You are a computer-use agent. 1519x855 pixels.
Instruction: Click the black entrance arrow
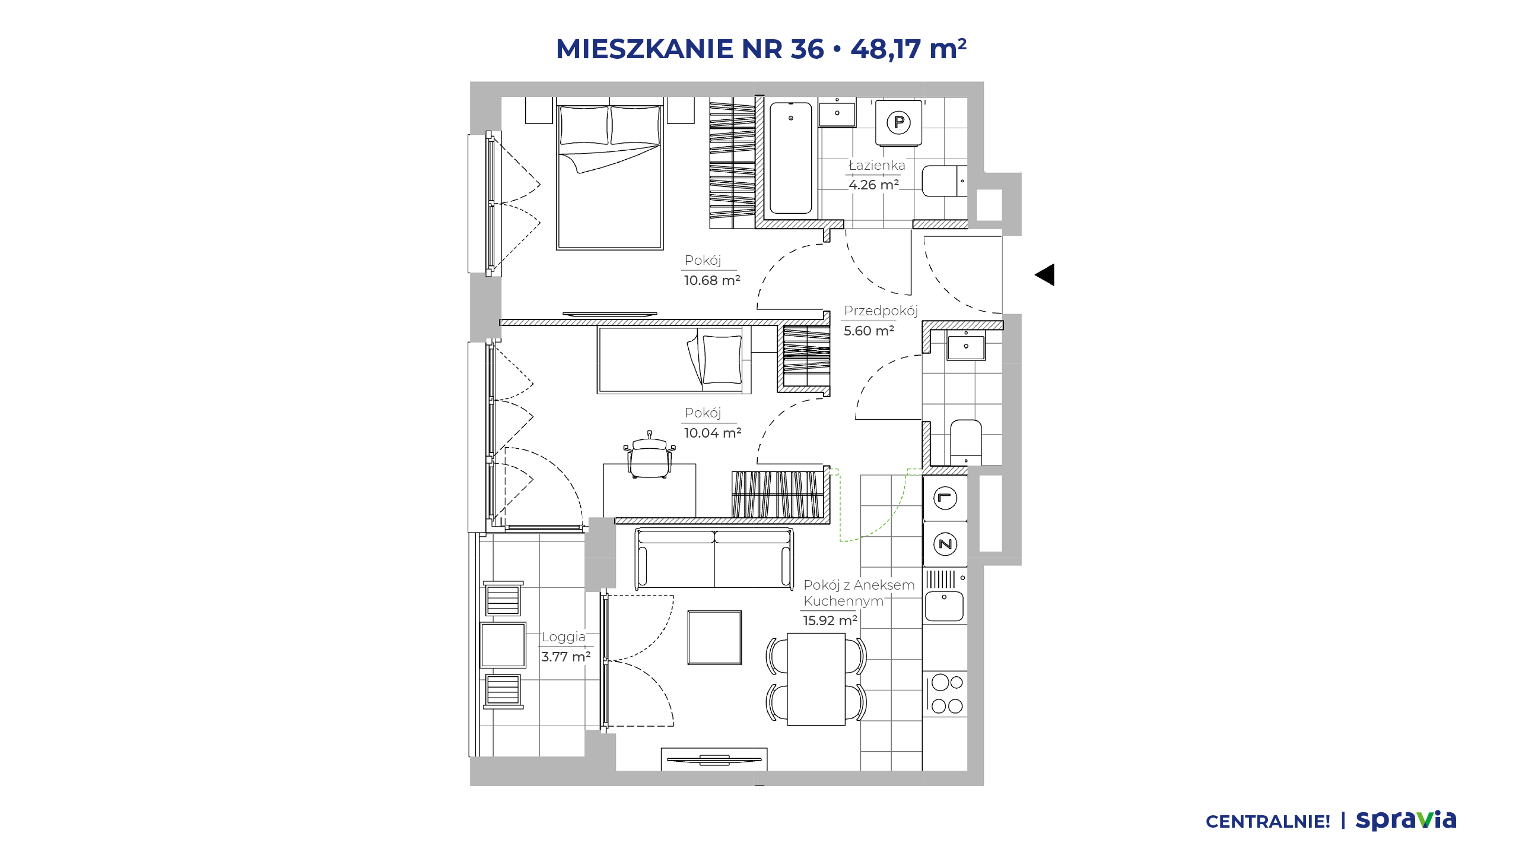point(1045,275)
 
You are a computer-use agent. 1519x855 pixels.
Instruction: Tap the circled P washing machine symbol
point(899,122)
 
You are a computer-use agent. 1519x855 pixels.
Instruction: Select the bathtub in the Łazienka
point(790,158)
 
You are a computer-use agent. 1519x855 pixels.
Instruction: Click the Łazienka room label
point(877,165)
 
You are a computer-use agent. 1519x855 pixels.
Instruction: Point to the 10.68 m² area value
point(712,280)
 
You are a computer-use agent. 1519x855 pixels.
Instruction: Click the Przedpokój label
point(881,311)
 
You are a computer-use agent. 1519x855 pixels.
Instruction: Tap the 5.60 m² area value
point(869,331)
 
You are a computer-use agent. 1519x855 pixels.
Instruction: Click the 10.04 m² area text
point(713,433)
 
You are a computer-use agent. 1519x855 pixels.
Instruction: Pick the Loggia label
point(563,636)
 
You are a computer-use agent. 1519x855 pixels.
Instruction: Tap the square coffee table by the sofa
point(714,637)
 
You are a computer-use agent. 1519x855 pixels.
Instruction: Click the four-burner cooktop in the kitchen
point(946,694)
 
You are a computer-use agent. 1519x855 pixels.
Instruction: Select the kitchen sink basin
point(944,606)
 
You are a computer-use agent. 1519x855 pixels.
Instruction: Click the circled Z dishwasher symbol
point(945,544)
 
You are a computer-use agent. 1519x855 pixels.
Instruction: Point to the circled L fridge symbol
point(945,498)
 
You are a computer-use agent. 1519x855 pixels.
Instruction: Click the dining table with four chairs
point(816,679)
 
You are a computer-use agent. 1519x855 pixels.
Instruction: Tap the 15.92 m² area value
point(830,620)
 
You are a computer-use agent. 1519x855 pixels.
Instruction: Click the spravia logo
point(1406,821)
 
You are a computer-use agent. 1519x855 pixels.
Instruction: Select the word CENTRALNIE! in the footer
point(1268,822)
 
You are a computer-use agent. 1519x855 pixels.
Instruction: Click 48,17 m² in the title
point(908,49)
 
